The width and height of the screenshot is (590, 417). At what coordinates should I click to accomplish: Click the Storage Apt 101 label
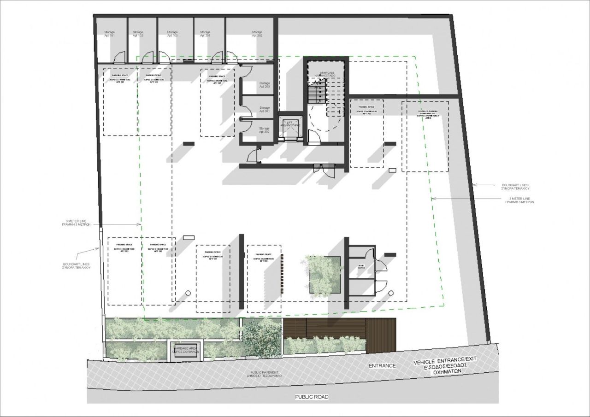tap(109, 34)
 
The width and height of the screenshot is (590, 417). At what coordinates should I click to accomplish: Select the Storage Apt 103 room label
tap(172, 34)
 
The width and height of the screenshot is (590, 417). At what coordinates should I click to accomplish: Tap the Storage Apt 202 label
tap(257, 34)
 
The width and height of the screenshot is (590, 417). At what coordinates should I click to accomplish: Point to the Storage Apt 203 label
tap(264, 85)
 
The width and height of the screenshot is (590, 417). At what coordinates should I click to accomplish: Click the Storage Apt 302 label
tap(264, 130)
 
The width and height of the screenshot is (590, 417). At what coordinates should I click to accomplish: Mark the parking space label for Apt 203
tap(124, 248)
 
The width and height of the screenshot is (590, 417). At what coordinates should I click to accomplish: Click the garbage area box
tap(185, 349)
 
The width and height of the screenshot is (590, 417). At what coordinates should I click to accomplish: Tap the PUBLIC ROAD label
tap(312, 396)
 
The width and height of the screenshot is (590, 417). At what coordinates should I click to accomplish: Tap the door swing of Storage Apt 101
tap(119, 57)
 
